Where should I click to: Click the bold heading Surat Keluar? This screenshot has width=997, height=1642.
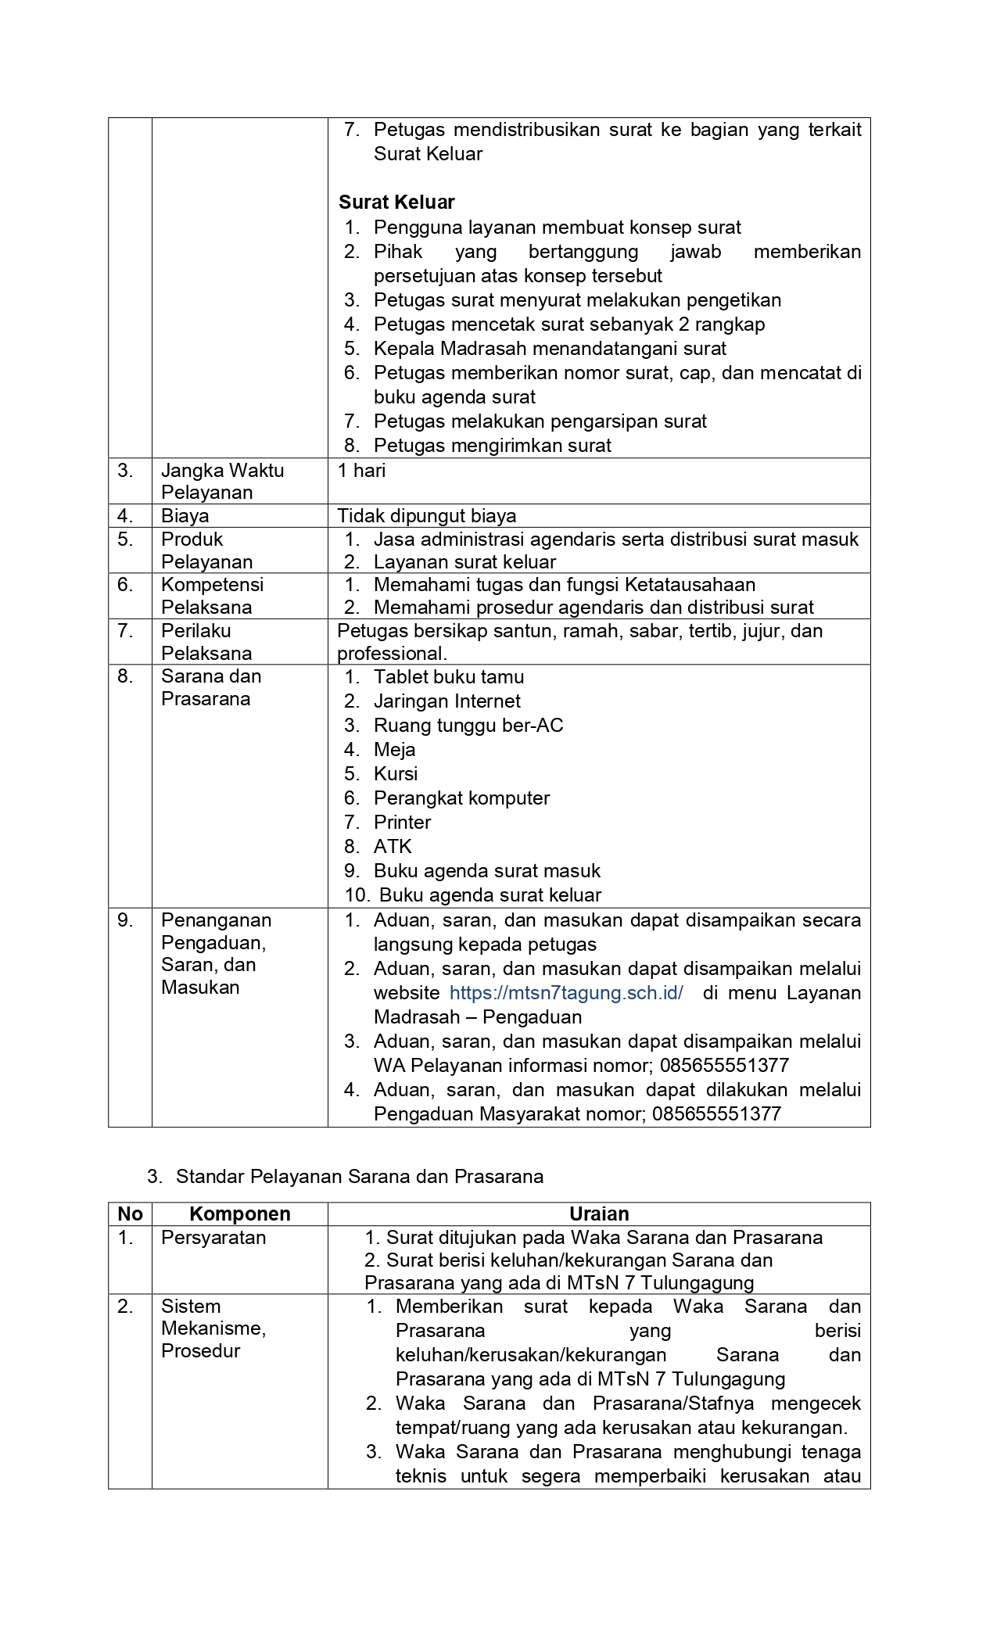[x=396, y=203]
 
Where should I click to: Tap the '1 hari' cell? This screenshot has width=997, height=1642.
[x=361, y=471]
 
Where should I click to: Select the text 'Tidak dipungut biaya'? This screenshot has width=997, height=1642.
[x=427, y=516]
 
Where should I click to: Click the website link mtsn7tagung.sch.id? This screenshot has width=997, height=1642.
[x=566, y=993]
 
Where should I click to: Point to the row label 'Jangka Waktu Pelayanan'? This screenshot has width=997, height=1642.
[x=222, y=481]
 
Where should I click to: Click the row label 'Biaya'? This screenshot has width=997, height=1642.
[x=185, y=516]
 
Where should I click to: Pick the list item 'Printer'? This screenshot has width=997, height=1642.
[x=402, y=823]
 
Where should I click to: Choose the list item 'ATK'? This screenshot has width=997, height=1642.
[x=393, y=847]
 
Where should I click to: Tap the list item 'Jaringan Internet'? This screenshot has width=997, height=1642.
[x=446, y=701]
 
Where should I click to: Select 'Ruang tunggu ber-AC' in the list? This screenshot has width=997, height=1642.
[x=468, y=726]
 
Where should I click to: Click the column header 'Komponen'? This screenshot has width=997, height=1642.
[x=239, y=1214]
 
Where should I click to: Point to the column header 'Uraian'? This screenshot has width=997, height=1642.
[x=599, y=1214]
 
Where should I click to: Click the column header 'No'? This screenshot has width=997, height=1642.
[x=130, y=1214]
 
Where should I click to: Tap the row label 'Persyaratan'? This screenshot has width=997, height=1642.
[x=213, y=1238]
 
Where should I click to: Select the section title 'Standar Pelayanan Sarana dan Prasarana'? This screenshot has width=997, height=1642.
[x=360, y=1177]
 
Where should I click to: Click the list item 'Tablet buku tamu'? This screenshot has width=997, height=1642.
[x=449, y=677]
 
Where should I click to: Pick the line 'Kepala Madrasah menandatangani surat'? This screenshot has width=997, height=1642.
[x=550, y=349]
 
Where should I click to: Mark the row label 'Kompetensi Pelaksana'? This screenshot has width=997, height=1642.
[x=213, y=596]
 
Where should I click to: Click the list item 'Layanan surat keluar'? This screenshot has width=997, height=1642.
[x=464, y=562]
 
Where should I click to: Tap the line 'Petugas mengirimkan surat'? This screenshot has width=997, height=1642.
[x=493, y=446]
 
